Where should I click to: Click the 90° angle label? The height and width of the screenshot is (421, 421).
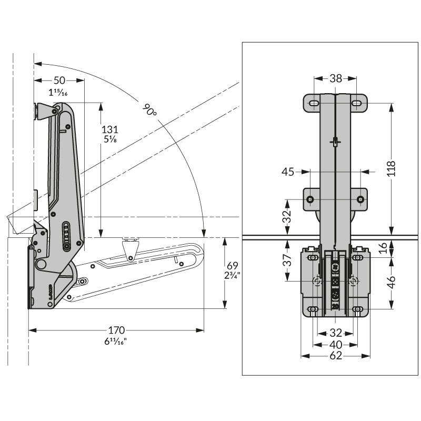coord(150,110)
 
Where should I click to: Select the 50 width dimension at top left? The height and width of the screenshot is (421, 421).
coord(59,81)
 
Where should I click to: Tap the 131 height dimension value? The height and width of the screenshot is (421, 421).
coord(110,129)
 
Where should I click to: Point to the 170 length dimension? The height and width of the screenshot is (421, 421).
coord(116,330)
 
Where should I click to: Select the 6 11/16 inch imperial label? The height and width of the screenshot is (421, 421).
coord(116,341)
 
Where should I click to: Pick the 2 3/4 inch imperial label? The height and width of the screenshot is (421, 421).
coord(232,275)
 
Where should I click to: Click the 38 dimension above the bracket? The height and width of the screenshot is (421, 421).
coord(336,78)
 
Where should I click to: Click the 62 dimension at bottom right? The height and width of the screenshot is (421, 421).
coord(336,356)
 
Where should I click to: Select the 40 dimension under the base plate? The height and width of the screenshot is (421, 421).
coord(336,344)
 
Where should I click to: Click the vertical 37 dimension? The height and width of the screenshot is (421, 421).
coord(287,260)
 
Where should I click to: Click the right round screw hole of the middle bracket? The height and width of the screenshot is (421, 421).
coord(360,199)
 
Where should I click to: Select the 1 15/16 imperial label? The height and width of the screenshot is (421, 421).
coord(58,93)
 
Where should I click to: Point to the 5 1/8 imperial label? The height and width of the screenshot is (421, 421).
coord(110,140)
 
